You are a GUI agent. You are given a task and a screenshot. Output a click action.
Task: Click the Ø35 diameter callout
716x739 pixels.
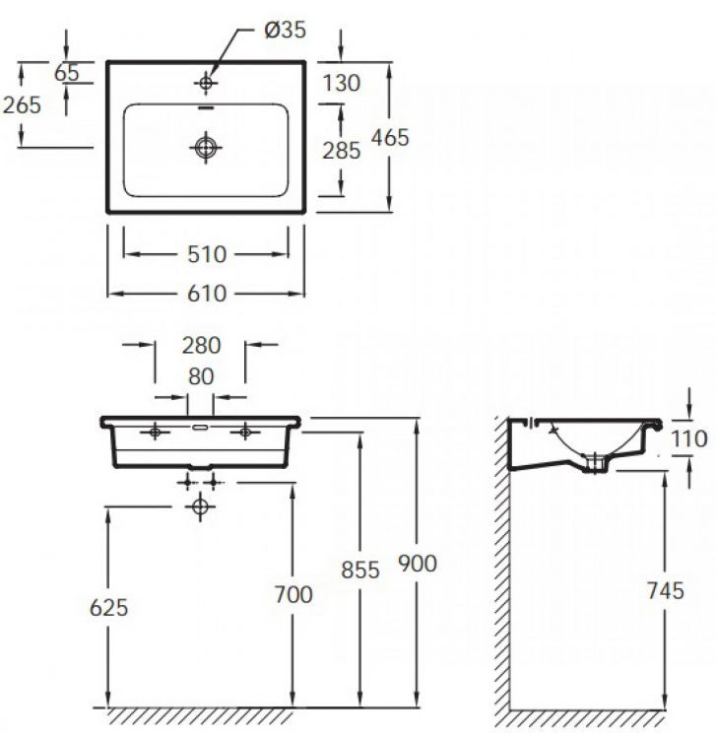tap(285, 30)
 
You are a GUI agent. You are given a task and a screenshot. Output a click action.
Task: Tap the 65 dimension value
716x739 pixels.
tap(67, 73)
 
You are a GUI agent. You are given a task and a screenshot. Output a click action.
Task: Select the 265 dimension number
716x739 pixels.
tap(22, 104)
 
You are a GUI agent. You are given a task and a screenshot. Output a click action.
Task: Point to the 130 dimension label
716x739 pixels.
tap(342, 83)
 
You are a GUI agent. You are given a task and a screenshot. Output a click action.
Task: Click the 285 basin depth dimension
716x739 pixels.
tap(342, 151)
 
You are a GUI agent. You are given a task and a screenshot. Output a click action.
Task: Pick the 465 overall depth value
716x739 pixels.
tap(390, 138)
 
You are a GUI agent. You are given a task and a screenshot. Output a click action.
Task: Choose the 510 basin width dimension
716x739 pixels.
tap(207, 254)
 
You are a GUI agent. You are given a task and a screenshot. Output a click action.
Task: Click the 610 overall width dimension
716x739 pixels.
tap(207, 294)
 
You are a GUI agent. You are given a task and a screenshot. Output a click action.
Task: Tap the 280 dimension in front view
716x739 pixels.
tap(201, 346)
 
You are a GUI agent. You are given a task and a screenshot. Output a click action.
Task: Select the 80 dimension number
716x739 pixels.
tap(201, 376)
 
